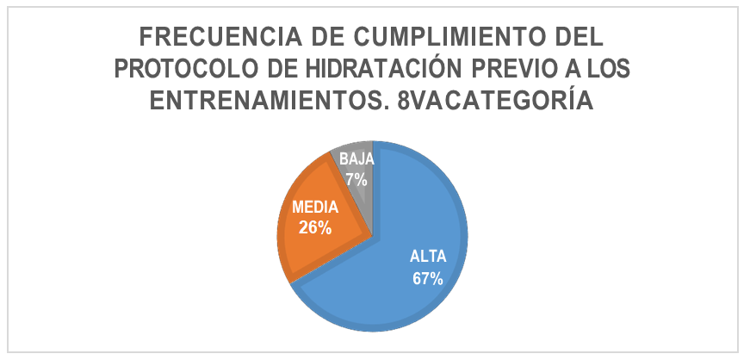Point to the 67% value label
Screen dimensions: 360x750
426,278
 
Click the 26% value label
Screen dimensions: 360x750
316,228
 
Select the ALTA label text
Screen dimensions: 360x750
426,256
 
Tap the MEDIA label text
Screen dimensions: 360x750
316,208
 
